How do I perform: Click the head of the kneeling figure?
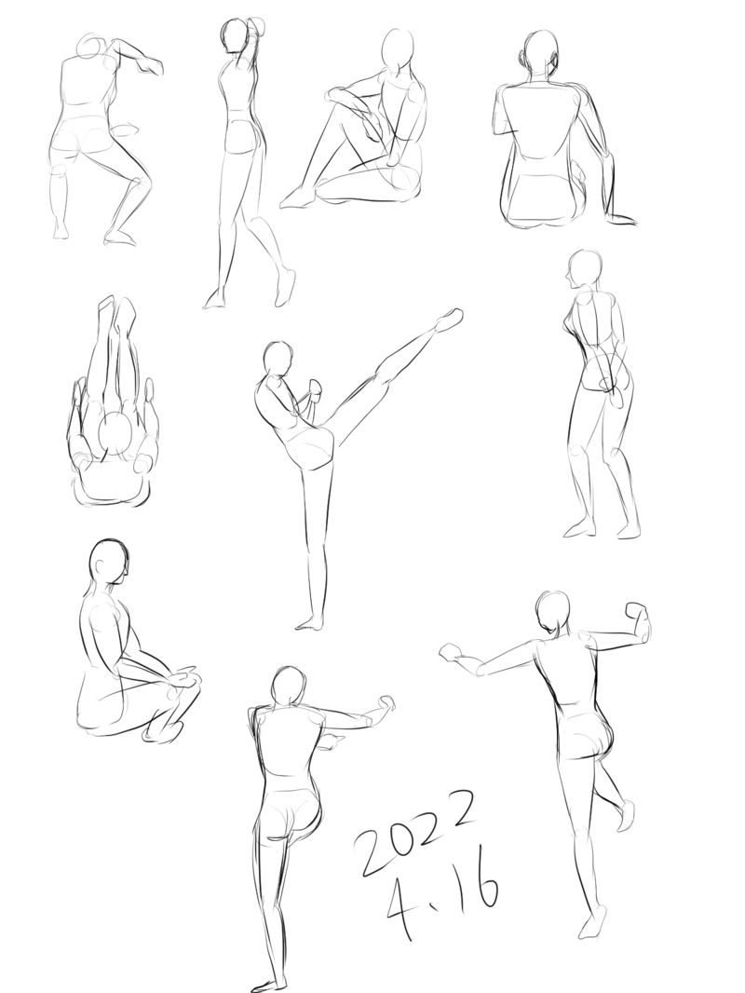tap(109, 563)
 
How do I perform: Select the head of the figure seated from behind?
tap(537, 53)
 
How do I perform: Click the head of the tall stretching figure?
tap(233, 36)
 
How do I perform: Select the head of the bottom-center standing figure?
tap(288, 686)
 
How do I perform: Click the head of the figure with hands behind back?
tap(584, 269)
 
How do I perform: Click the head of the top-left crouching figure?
tap(93, 48)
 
